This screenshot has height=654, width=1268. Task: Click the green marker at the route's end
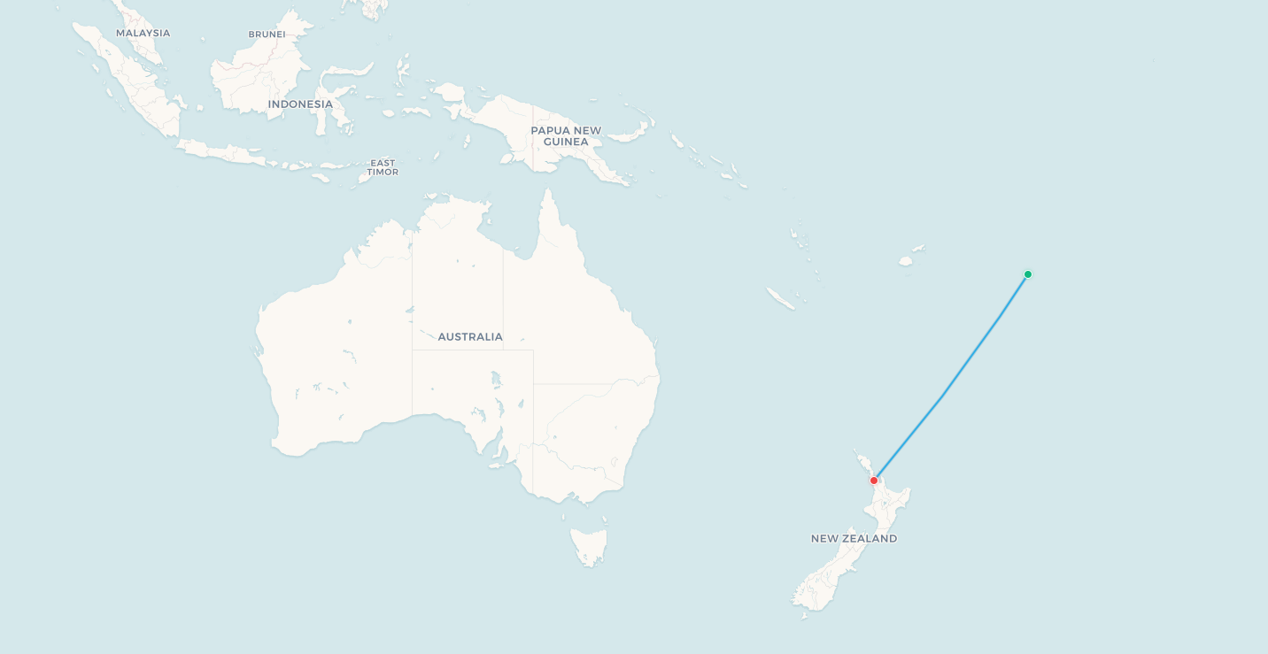tap(1027, 274)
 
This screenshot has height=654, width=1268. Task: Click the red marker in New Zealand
tap(874, 481)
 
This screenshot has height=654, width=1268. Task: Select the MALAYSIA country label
tap(143, 34)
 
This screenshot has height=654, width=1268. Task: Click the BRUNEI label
tap(267, 35)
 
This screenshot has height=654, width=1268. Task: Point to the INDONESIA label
tap(300, 104)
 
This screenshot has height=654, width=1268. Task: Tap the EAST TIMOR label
tap(383, 167)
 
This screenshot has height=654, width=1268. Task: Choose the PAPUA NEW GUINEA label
tap(566, 135)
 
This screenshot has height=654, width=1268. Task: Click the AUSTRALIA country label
tap(470, 337)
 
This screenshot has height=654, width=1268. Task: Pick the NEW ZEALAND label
tap(854, 538)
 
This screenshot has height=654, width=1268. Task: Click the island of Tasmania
tap(589, 544)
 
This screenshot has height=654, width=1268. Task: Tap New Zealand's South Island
tap(828, 575)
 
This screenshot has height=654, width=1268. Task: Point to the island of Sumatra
tap(133, 84)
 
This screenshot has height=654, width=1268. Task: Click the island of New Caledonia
tap(780, 298)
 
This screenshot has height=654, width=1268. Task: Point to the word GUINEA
tap(566, 142)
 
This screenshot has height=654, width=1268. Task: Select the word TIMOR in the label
tap(383, 172)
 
